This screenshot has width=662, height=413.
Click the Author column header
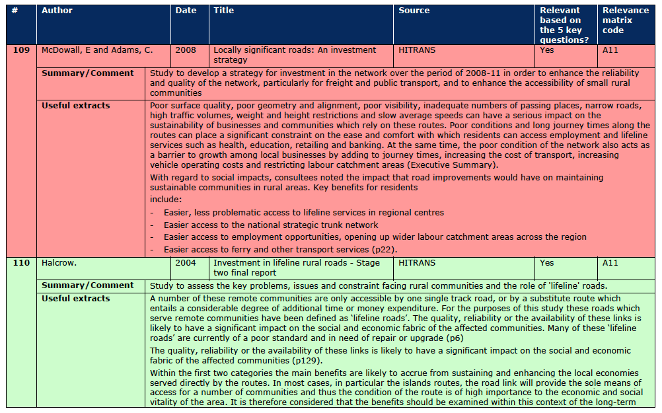click(x=57, y=11)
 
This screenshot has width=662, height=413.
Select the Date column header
click(x=186, y=11)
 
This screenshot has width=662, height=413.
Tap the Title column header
click(x=224, y=11)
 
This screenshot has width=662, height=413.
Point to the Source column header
click(x=414, y=11)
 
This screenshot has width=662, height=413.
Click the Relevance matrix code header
click(x=625, y=20)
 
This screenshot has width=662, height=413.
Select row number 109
click(x=21, y=50)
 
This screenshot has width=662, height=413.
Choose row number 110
click(x=21, y=263)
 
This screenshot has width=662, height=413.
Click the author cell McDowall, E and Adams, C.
click(x=97, y=50)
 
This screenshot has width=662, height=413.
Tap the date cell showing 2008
click(x=186, y=50)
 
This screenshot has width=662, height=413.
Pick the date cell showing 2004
click(x=186, y=263)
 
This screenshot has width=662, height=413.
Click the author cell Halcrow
click(x=59, y=263)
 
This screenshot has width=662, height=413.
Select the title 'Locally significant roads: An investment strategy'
click(x=294, y=55)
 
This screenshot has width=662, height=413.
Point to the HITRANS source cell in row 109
click(x=417, y=50)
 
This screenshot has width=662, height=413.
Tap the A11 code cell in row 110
click(x=610, y=263)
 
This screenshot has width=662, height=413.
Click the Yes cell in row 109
click(x=547, y=50)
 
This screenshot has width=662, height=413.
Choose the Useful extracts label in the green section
click(x=76, y=299)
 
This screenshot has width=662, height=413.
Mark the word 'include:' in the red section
click(x=166, y=199)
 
